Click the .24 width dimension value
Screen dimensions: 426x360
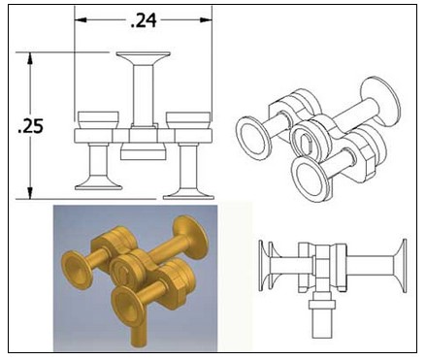(x=144, y=21)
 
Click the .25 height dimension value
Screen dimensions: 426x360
(x=30, y=126)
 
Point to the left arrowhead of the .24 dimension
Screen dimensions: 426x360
(x=81, y=20)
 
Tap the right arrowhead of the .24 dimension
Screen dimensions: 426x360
(x=206, y=20)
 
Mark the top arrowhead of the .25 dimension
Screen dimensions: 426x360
(x=30, y=59)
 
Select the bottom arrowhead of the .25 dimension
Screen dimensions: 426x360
(x=30, y=192)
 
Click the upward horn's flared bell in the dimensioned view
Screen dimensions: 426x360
(x=144, y=58)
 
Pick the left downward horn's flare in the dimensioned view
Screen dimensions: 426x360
(x=98, y=184)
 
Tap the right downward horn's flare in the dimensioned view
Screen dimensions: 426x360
(x=188, y=193)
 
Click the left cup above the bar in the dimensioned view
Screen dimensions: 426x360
(x=98, y=120)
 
